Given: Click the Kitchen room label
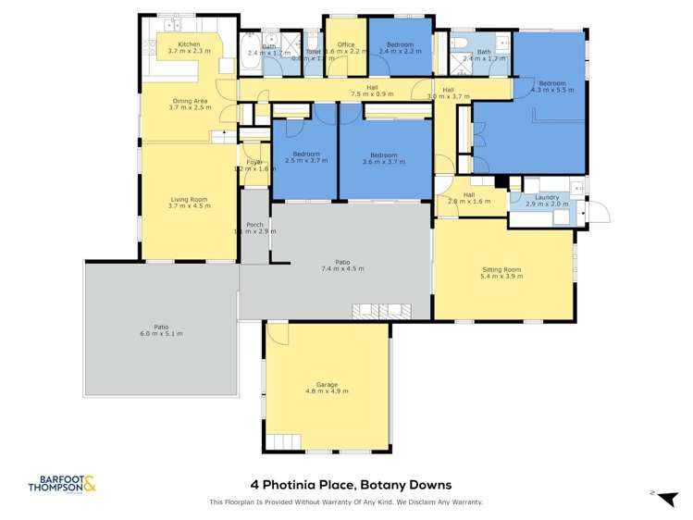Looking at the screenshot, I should tap(189, 44).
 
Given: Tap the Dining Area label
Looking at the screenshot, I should tap(190, 100).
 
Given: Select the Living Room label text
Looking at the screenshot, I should tap(190, 199).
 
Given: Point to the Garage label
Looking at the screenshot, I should tap(327, 384).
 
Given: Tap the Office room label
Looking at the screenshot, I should tap(346, 44).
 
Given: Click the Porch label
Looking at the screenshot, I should tap(254, 224).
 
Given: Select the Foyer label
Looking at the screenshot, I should tap(254, 162).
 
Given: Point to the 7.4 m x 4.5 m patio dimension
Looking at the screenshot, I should tap(341, 268).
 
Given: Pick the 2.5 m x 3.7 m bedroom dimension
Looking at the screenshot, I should tap(306, 162).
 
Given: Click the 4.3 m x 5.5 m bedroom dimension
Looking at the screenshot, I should tap(551, 91).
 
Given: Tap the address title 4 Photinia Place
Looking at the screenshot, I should tap(351, 484).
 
